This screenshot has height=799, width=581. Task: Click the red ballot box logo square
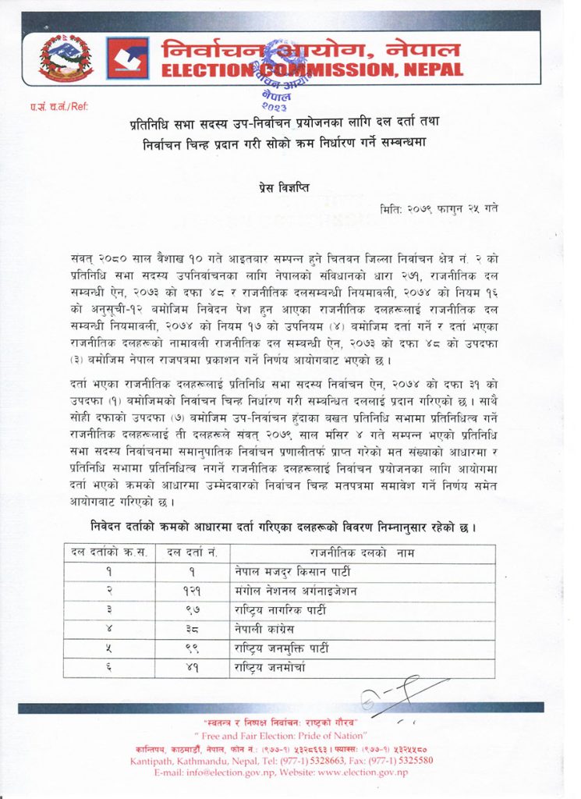click(127, 59)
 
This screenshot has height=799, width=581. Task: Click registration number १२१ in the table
click(190, 591)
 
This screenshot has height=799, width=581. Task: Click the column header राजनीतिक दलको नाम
click(361, 553)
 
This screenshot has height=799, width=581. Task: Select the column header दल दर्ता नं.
click(191, 553)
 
